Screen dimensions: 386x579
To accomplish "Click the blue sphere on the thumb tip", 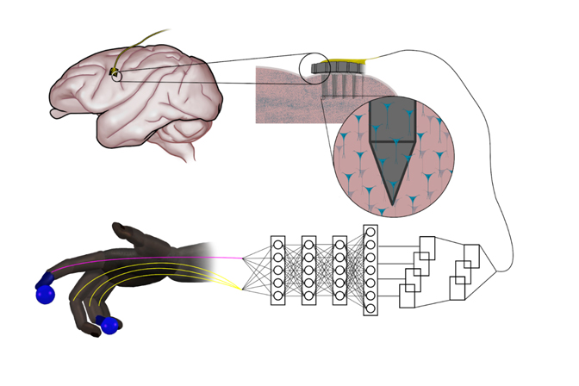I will tap(45, 294).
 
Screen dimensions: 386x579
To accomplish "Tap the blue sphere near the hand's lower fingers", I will tap(109, 326).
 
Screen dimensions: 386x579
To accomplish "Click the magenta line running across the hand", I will tap(172, 258).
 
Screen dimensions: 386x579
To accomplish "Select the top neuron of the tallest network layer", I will tap(370, 232).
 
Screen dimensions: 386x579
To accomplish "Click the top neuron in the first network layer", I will tap(278, 245).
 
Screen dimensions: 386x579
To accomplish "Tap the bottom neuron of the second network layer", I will tap(308, 296).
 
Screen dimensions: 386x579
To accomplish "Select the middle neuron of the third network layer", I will tap(339, 270).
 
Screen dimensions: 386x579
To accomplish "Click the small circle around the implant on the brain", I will tap(115, 76).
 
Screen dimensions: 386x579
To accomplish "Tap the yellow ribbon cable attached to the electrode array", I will tap(355, 61).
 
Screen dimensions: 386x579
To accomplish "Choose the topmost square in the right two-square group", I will tap(471, 255).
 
